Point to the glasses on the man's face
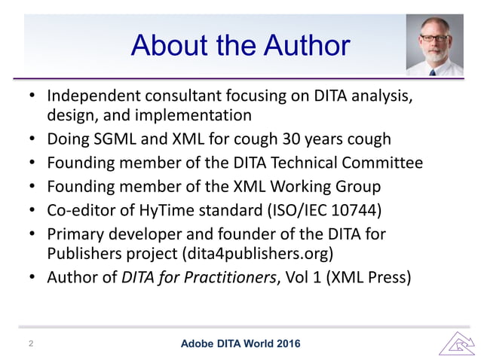click(435, 38)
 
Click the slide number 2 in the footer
click(31, 343)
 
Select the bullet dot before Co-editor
click(31, 210)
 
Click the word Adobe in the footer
click(200, 344)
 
